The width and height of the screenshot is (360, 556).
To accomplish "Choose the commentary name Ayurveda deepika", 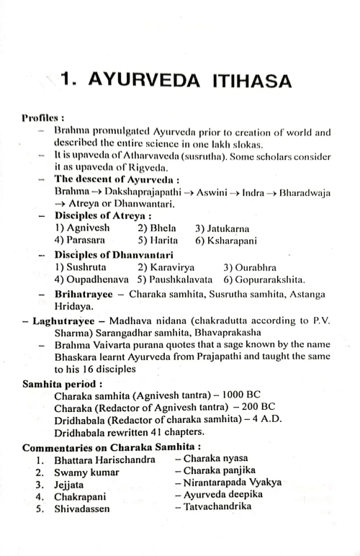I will click(x=223, y=495).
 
